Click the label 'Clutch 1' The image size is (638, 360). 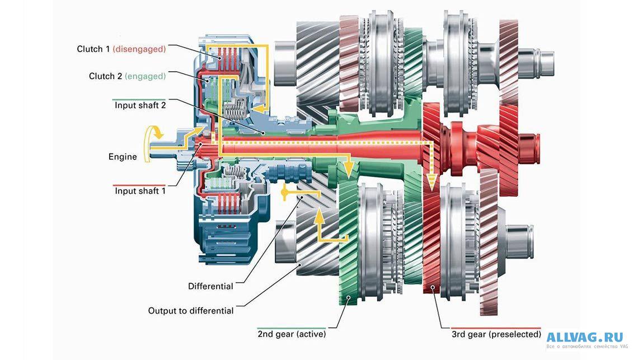[x=93, y=49]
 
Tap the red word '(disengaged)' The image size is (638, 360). [x=139, y=49]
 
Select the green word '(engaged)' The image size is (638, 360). [x=145, y=76]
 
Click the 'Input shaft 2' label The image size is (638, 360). [x=140, y=105]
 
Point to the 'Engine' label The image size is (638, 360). [x=123, y=157]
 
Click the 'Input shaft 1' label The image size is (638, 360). [x=140, y=191]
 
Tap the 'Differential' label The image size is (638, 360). [x=210, y=286]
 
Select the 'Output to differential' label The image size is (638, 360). [x=191, y=310]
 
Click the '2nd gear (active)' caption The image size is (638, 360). [x=292, y=334]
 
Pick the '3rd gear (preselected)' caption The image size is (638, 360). [x=496, y=334]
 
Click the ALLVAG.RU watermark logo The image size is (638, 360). [x=585, y=337]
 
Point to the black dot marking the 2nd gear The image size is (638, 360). [x=349, y=297]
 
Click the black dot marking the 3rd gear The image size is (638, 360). [x=433, y=289]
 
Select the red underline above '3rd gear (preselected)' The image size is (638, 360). [x=496, y=328]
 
